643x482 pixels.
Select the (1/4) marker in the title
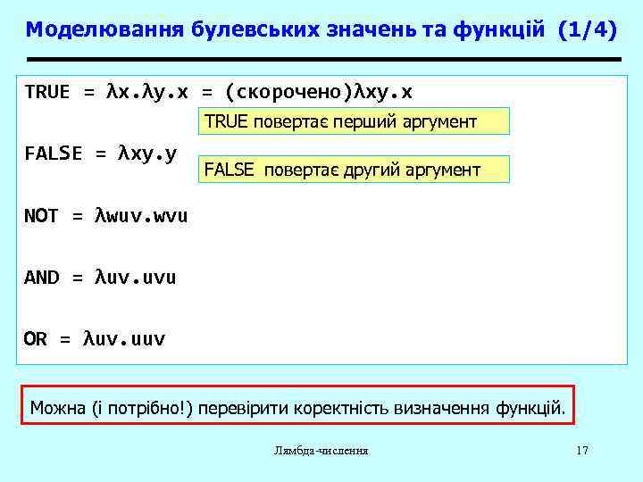click(586, 29)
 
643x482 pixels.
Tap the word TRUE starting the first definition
click(47, 93)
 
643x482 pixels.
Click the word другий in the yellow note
click(367, 170)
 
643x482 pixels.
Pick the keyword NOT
click(41, 216)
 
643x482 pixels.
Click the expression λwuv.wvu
click(140, 216)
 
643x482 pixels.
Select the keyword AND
click(41, 278)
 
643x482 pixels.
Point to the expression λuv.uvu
click(135, 278)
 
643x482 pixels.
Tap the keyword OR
click(36, 339)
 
